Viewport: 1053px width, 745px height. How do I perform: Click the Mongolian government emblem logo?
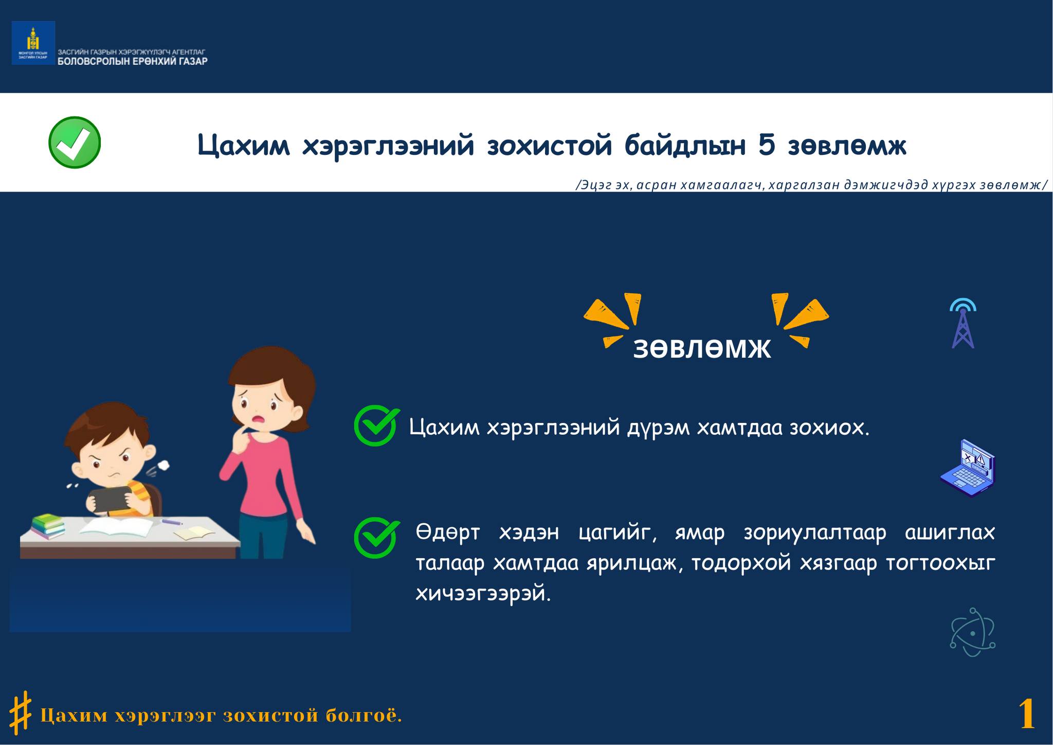point(33,43)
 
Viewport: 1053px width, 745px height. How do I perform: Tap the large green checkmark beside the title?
point(75,143)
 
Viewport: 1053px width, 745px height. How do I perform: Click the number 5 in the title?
point(767,146)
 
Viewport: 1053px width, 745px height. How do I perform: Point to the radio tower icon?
point(963,323)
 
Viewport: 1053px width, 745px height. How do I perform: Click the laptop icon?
point(968,468)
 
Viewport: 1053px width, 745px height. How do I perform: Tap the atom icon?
point(972,632)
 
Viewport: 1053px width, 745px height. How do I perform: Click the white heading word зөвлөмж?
point(702,348)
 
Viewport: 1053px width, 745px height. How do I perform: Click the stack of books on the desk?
point(48,526)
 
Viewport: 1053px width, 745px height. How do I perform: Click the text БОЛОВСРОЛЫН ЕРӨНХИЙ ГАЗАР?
point(133,61)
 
